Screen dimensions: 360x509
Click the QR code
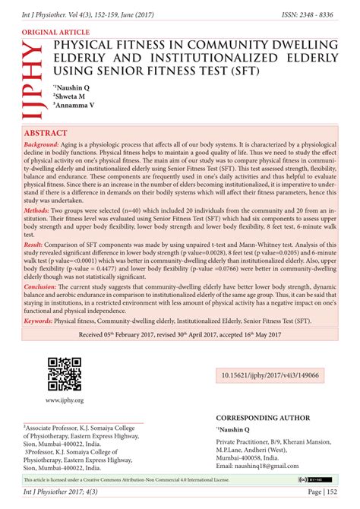click(x=64, y=374)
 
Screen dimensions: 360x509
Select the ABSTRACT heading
click(x=48, y=133)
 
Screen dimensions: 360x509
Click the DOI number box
click(x=270, y=375)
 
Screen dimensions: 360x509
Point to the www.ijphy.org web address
click(x=64, y=400)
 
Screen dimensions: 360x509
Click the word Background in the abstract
click(x=41, y=144)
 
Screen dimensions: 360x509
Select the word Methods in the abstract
click(x=37, y=208)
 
